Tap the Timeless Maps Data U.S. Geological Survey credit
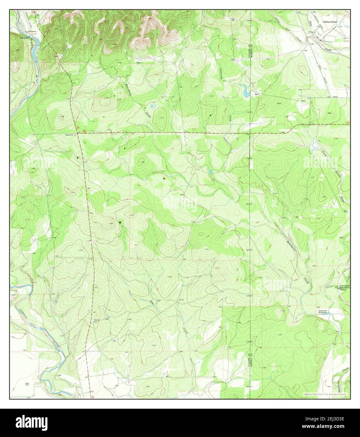tap(325, 394)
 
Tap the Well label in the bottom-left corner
tap(27, 383)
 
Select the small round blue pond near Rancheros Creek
tap(153, 106)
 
